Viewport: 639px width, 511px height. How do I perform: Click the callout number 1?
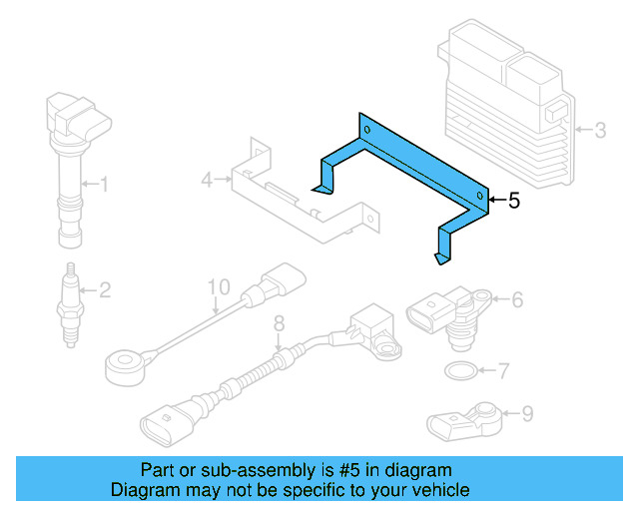point(103,183)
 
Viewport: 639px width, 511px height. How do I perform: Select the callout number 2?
point(104,290)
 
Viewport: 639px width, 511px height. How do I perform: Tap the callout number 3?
point(600,130)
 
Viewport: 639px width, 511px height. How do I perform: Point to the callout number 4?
point(207,181)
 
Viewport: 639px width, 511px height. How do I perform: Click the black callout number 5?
point(514,201)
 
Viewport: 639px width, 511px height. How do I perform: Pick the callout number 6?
point(518,298)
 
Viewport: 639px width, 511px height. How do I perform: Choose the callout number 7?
point(503,371)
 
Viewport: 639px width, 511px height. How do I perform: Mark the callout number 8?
point(280,322)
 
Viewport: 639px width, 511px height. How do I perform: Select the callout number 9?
point(527,411)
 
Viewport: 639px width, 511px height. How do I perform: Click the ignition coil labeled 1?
point(70,160)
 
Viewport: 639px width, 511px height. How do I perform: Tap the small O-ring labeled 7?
point(458,372)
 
